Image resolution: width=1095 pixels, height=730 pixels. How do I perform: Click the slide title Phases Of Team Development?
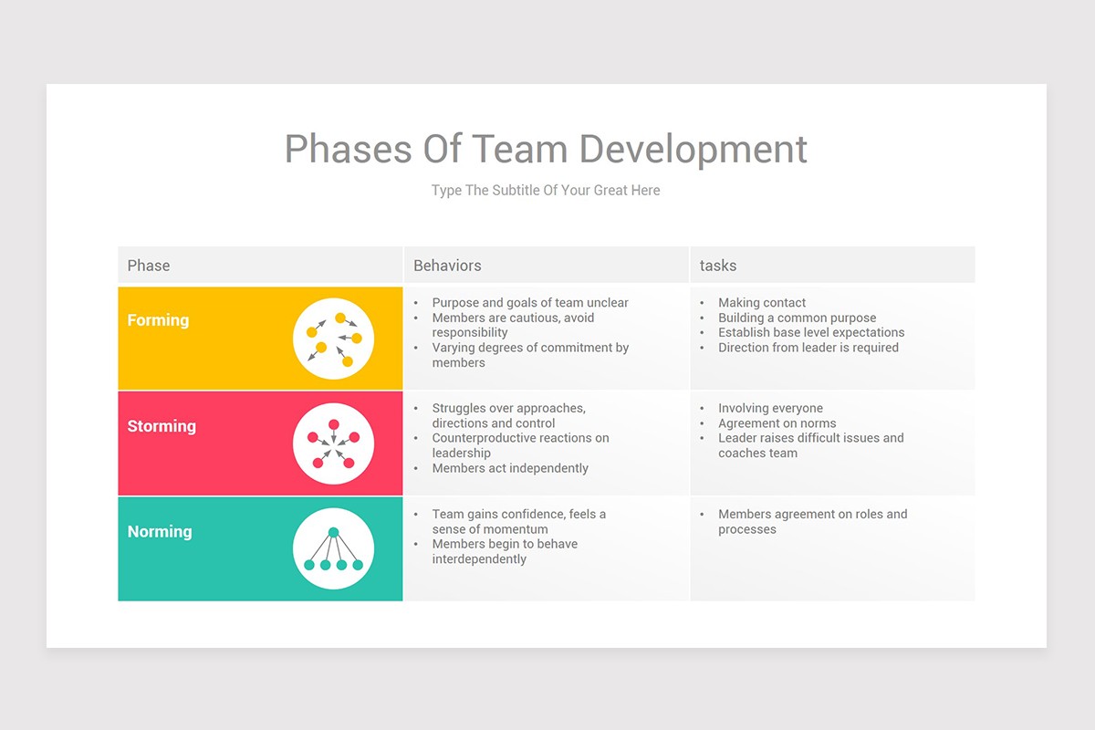coord(546,149)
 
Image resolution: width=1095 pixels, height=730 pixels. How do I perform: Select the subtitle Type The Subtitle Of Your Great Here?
coord(546,191)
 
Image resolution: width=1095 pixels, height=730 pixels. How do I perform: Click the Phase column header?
coord(149,266)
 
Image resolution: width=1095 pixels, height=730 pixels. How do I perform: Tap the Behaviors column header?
coord(447,266)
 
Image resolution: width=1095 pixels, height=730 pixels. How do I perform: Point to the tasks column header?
coord(718,266)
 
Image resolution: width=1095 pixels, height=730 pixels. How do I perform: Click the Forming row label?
coord(158,320)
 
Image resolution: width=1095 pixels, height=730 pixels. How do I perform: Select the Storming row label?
coord(162,426)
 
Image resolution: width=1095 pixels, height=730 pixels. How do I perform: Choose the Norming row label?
coord(160,532)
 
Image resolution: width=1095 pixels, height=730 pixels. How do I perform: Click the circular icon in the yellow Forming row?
coord(333,339)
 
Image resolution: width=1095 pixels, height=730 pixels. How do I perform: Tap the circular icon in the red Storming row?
coord(333,443)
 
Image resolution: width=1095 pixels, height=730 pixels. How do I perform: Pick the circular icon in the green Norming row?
coord(333,548)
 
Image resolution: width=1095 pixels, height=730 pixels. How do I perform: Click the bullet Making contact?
coord(762,303)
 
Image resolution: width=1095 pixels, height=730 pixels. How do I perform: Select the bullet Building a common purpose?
coord(797,318)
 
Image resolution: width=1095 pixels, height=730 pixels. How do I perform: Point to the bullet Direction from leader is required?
coord(808,348)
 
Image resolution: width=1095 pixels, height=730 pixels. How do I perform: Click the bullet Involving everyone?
coord(770,409)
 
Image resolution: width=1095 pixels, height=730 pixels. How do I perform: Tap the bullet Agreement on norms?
coord(777,423)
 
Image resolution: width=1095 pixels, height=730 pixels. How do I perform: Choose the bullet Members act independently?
coord(510,468)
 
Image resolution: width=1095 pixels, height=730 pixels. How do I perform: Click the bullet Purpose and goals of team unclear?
coord(530,303)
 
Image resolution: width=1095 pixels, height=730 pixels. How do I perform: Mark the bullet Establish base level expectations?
coord(811,333)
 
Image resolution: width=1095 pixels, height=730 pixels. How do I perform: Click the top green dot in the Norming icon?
coord(333,532)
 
